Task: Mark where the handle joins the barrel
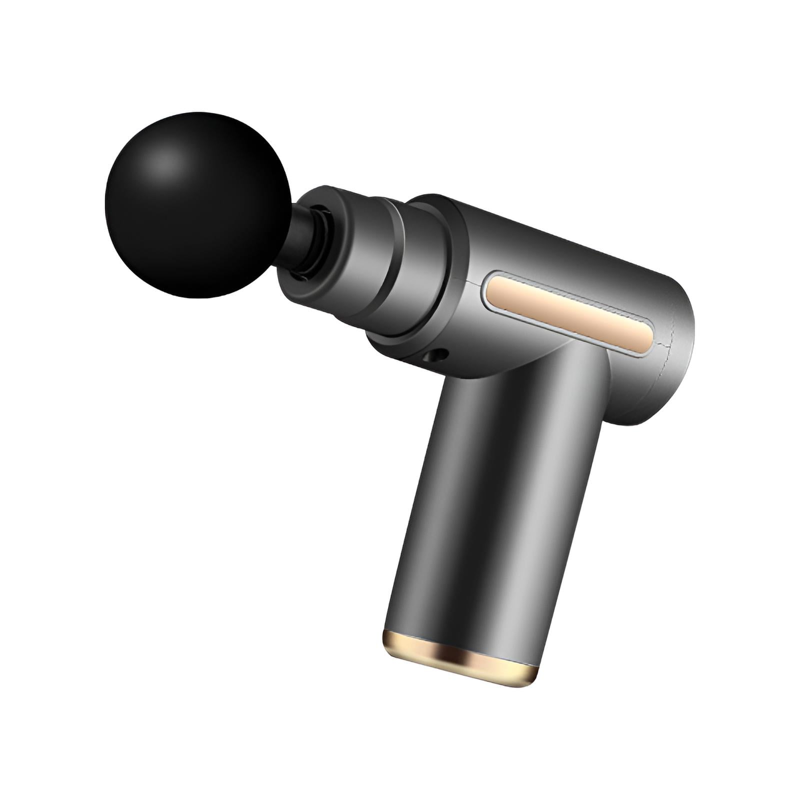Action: click(525, 365)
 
